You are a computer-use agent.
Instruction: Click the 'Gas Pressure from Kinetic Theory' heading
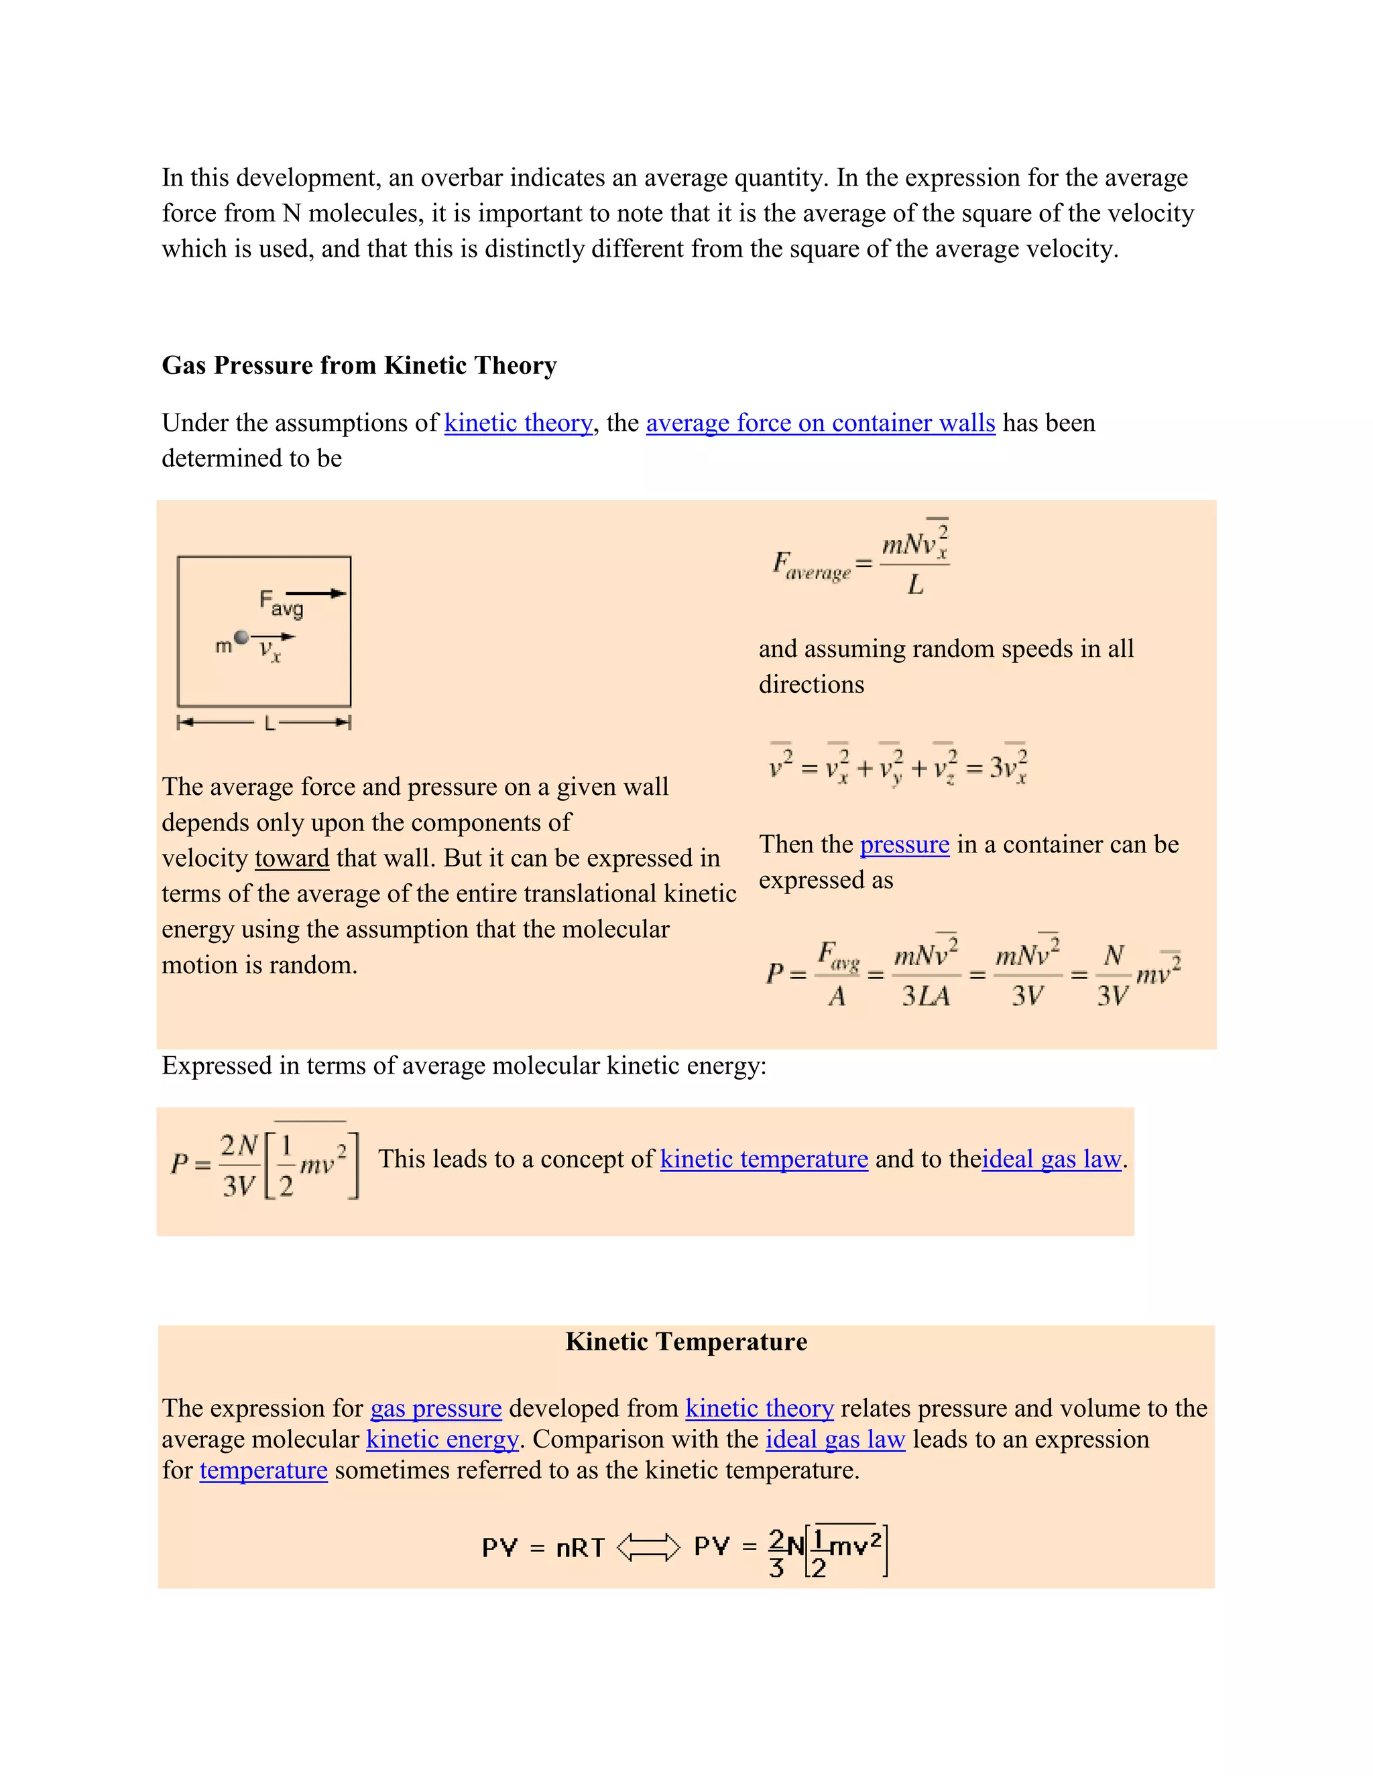[x=359, y=365]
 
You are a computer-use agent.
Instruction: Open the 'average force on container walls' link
[x=820, y=423]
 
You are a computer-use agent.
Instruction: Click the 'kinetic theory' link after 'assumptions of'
[x=518, y=423]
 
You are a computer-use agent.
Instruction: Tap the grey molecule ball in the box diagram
[x=241, y=637]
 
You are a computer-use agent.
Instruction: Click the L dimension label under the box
[x=270, y=723]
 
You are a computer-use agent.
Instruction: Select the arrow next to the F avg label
[x=316, y=594]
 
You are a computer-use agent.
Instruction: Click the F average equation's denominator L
[x=915, y=584]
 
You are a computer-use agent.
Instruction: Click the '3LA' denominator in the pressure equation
[x=926, y=995]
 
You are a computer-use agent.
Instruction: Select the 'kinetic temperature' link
[x=764, y=1159]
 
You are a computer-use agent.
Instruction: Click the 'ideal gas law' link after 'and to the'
[x=1051, y=1159]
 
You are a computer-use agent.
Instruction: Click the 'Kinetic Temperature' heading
[x=686, y=1341]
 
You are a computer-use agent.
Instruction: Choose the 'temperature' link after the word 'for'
[x=263, y=1470]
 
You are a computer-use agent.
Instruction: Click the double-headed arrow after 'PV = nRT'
[x=648, y=1547]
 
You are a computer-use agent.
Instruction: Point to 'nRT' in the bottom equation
[x=580, y=1547]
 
